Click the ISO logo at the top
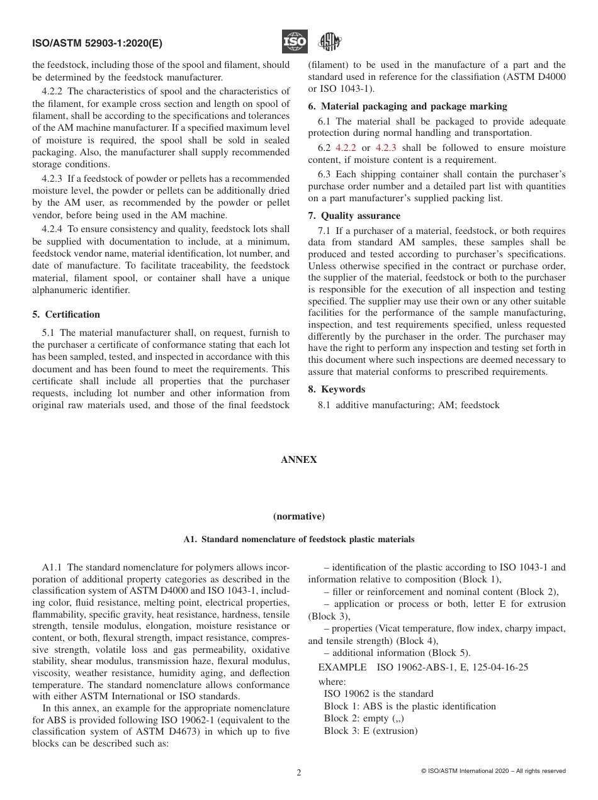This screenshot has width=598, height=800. tap(294, 42)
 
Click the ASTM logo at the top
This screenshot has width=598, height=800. tap(329, 42)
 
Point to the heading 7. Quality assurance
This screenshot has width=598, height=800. tap(354, 216)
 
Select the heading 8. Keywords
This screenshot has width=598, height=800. tap(336, 389)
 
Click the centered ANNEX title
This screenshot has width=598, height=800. tap(298, 460)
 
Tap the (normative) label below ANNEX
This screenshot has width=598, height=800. tap(298, 516)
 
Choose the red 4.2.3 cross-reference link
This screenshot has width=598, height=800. tap(386, 148)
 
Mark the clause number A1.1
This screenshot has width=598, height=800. tap(54, 567)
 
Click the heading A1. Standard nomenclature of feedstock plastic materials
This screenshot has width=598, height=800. tap(298, 539)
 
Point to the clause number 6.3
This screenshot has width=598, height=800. tap(325, 174)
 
